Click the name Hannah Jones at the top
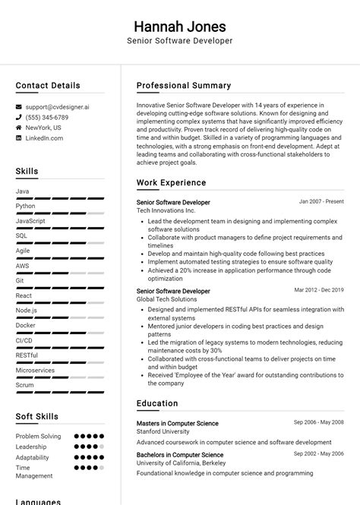[x=179, y=26]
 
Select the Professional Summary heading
[x=183, y=86]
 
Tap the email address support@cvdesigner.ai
[x=57, y=108]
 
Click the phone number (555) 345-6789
[x=47, y=118]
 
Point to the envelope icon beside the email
[x=19, y=108]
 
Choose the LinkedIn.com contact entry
[x=44, y=138]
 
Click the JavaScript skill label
[x=30, y=221]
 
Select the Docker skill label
[x=25, y=325]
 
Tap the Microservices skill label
[x=35, y=370]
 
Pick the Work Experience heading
[x=171, y=183]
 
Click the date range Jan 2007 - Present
[x=321, y=202]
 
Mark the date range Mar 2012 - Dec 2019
[x=319, y=290]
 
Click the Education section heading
[x=157, y=404]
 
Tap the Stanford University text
[x=163, y=431]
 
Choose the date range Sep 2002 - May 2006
[x=319, y=453]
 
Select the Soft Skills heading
[x=37, y=417]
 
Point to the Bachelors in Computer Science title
[x=179, y=453]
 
